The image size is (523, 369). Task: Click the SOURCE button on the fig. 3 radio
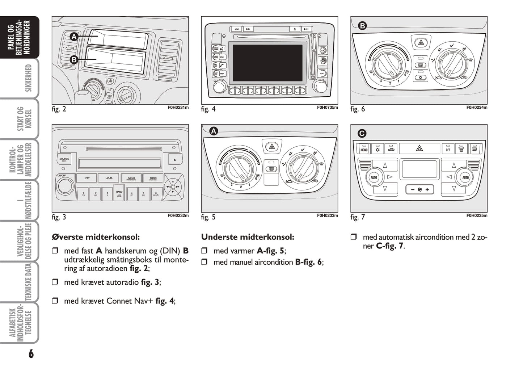coord(64,159)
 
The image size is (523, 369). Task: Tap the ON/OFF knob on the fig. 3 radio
coord(65,186)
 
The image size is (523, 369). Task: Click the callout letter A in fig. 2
coord(74,37)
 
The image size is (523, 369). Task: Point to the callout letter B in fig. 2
coord(74,60)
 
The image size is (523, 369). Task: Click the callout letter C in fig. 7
coord(362,133)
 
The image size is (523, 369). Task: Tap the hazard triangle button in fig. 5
coord(271,147)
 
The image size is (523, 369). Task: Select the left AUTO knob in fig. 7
coord(374,177)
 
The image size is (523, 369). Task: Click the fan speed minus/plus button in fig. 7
coord(419,189)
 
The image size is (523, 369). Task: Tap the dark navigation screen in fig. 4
coord(267,63)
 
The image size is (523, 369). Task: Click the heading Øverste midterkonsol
coord(96,237)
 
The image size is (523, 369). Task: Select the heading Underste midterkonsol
coord(248,237)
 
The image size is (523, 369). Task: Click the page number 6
coord(31,354)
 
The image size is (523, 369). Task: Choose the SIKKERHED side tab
coord(28,78)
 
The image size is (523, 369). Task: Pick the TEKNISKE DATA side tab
coord(28,282)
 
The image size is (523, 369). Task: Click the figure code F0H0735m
coord(327,108)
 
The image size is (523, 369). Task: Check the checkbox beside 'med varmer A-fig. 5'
coord(204,251)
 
